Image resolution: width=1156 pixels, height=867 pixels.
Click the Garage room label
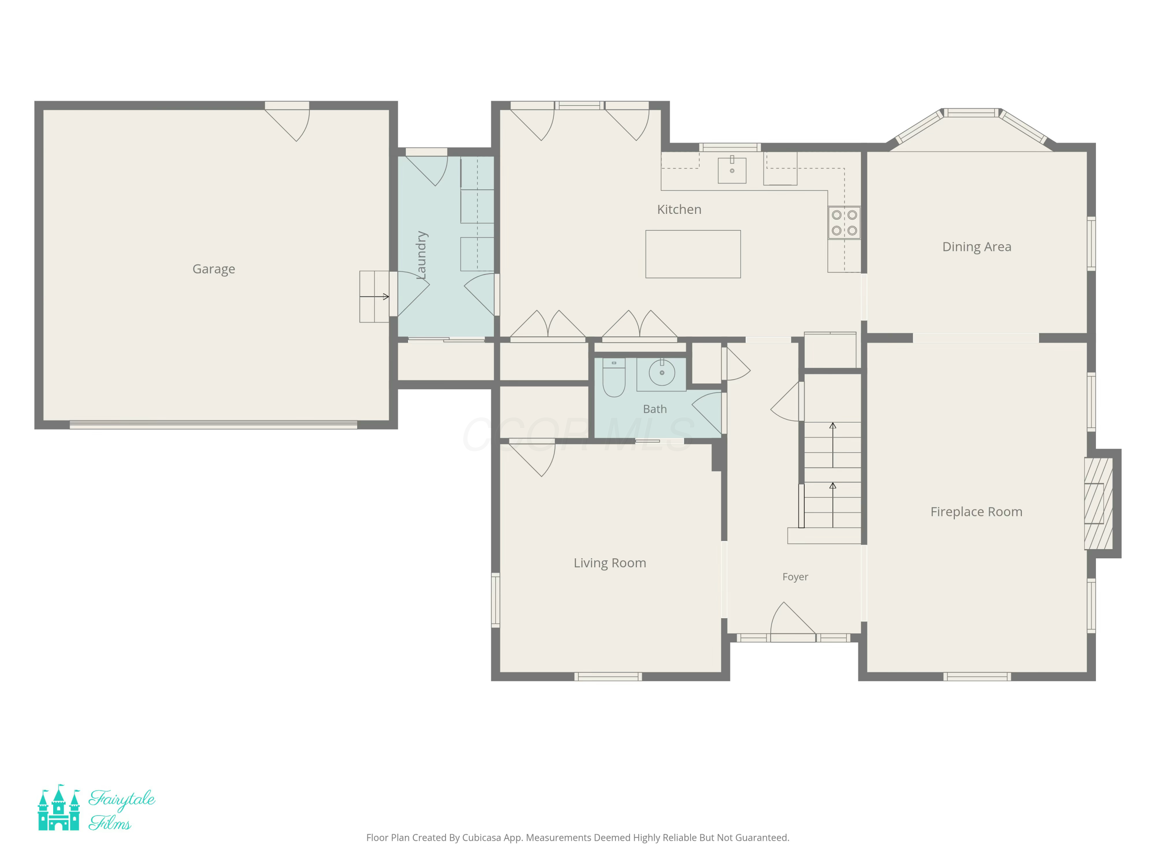click(214, 269)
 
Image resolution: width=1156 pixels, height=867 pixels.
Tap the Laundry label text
click(421, 255)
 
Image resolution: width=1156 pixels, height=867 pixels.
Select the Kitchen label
click(679, 210)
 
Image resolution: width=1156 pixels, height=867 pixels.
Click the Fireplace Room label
click(976, 512)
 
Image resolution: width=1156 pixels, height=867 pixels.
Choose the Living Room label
click(610, 563)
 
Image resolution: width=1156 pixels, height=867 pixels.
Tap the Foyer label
click(795, 577)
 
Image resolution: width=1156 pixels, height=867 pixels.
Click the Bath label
click(655, 409)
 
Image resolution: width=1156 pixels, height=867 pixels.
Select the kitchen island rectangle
click(693, 254)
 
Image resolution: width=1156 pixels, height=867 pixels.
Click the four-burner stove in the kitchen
click(844, 223)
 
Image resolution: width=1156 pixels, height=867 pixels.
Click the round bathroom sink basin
click(662, 373)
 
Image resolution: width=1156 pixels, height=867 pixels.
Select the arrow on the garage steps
click(374, 297)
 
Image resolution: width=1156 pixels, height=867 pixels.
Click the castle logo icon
click(59, 807)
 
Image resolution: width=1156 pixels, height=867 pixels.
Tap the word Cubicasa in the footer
click(481, 838)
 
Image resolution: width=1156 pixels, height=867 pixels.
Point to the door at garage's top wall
click(287, 121)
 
